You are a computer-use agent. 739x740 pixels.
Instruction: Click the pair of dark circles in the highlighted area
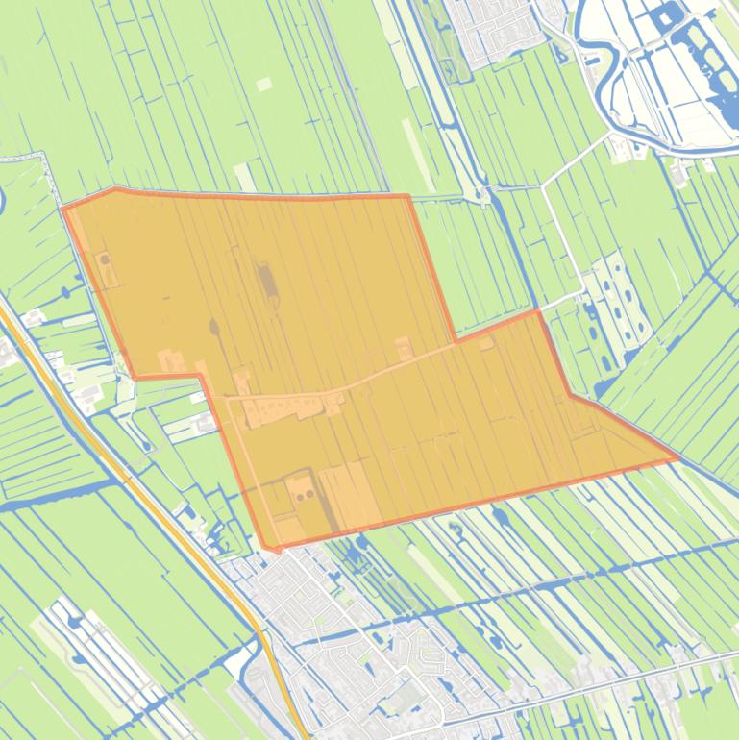pos(305,494)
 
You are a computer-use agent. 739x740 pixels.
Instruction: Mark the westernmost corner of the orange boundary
pos(63,207)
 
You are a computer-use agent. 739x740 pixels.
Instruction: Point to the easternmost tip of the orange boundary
pos(678,458)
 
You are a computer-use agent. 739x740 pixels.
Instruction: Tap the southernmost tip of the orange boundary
pos(270,549)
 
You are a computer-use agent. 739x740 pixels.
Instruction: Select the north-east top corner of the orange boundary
pos(408,197)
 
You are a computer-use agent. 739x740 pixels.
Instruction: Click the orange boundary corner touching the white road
pos(537,311)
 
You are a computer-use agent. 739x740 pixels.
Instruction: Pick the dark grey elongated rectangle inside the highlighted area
pos(266,282)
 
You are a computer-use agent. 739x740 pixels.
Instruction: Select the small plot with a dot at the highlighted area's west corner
pos(105,265)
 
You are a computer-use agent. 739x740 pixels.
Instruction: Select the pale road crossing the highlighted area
pos(384,370)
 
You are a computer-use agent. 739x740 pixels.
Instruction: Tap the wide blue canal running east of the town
pos(577,567)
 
